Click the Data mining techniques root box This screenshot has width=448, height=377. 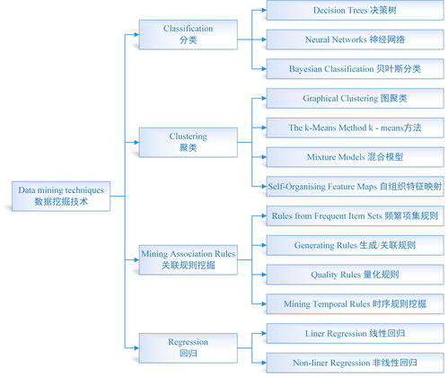pos(61,197)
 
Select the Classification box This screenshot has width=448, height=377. pos(188,34)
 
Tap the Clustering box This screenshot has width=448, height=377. pos(188,142)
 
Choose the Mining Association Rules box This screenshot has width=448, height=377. pos(188,260)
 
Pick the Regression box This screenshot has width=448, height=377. pos(188,347)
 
